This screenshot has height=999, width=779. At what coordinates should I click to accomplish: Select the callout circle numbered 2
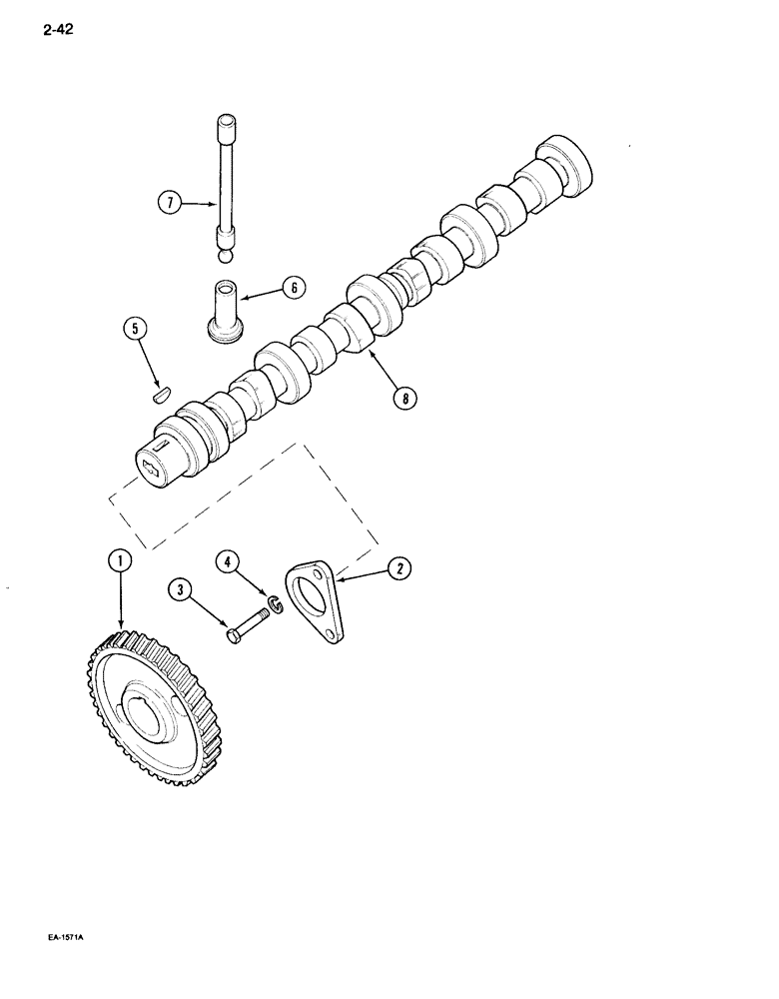click(399, 568)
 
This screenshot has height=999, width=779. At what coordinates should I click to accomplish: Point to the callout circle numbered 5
click(135, 328)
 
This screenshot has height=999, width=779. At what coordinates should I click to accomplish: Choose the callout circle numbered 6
click(294, 287)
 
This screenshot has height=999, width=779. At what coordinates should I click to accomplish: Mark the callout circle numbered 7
click(170, 204)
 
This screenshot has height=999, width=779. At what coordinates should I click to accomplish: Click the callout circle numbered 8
click(403, 399)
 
